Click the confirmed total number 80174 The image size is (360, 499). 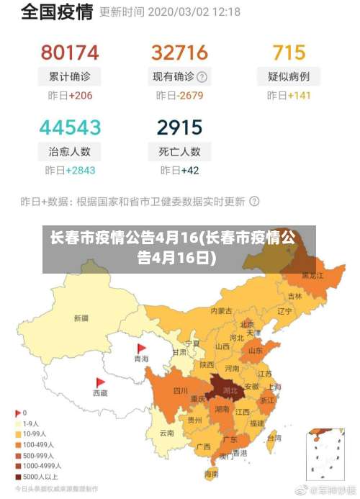tap(69, 52)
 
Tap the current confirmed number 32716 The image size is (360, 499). tap(179, 52)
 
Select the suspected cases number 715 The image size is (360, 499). tap(289, 52)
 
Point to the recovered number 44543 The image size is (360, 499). tap(70, 127)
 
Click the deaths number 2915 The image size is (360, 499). tap(179, 127)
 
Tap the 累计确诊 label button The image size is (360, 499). tap(70, 76)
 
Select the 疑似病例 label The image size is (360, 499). tap(289, 76)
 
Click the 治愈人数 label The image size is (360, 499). tap(70, 151)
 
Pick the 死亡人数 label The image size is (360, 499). tap(179, 151)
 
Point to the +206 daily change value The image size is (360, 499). tap(80, 95)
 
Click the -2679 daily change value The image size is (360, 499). tap(191, 95)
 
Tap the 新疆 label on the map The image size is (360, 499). tap(81, 318)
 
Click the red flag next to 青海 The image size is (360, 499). tap(141, 348)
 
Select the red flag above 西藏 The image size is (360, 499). tap(100, 382)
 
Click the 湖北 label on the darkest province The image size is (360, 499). tap(230, 391)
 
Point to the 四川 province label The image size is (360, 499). tap(180, 391)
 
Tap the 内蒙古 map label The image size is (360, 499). tap(221, 311)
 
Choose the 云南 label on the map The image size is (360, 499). tap(166, 433)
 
